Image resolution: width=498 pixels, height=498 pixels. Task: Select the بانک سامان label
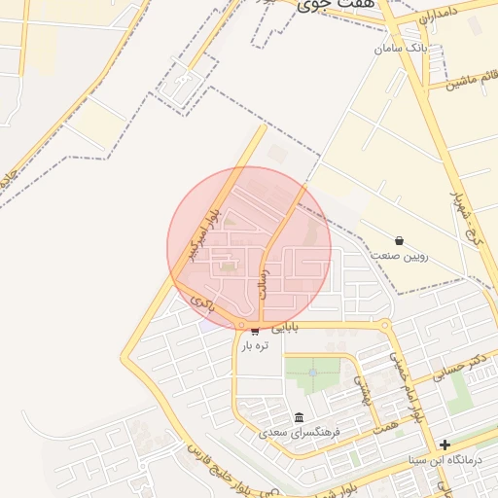pyautogui.click(x=400, y=47)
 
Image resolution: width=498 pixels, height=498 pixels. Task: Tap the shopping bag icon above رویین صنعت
pyautogui.click(x=399, y=240)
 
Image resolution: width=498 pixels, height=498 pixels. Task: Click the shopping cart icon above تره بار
pyautogui.click(x=255, y=332)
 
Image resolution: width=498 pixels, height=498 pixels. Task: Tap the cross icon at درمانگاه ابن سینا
pyautogui.click(x=445, y=445)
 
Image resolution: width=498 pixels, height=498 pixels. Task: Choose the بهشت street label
pyautogui.click(x=361, y=390)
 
